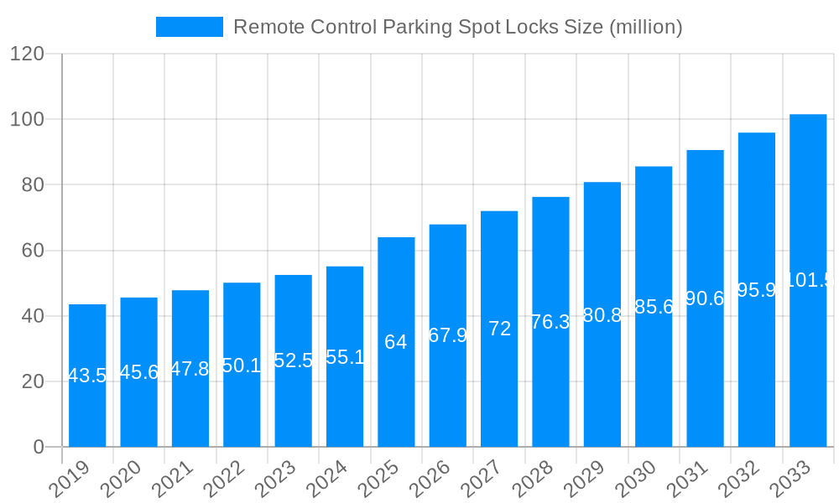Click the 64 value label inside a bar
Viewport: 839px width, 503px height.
tap(396, 342)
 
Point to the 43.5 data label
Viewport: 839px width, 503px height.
tap(87, 376)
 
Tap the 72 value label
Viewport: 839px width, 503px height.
tap(499, 329)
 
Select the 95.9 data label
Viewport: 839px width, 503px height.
tap(757, 290)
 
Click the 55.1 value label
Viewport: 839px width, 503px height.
tap(345, 357)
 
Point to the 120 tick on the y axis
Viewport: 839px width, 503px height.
tap(27, 54)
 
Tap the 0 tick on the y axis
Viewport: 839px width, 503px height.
tap(39, 447)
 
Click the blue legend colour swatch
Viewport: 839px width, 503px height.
tap(189, 27)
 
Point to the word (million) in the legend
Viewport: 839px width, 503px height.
tap(645, 27)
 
